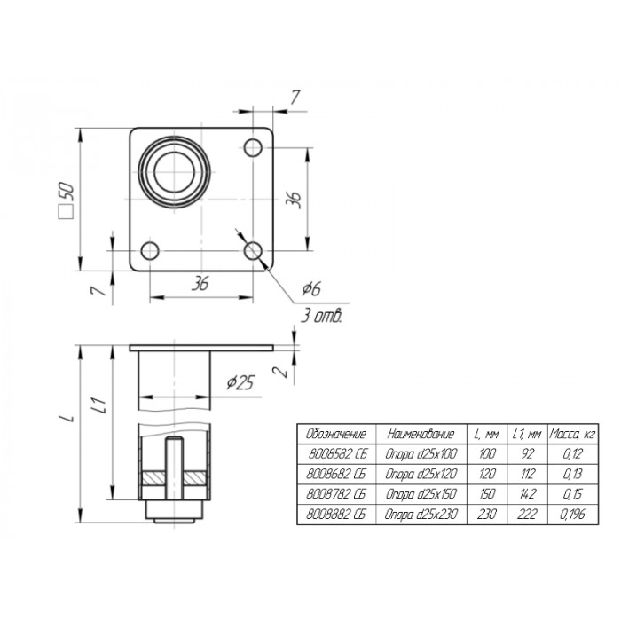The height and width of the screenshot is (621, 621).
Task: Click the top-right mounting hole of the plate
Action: pyautogui.click(x=253, y=148)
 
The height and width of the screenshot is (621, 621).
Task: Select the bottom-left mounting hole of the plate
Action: pyautogui.click(x=150, y=251)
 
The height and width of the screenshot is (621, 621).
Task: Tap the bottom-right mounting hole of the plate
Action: pyautogui.click(x=253, y=251)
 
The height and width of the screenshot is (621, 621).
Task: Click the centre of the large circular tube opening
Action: pyautogui.click(x=174, y=172)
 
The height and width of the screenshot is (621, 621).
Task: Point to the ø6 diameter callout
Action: pyautogui.click(x=311, y=288)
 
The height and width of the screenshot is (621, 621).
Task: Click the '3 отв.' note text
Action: pyautogui.click(x=321, y=316)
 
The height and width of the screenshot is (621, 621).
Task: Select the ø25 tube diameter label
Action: pyautogui.click(x=240, y=382)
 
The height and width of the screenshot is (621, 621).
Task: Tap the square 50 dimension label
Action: pyautogui.click(x=67, y=200)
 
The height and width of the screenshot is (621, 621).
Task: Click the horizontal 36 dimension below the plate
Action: pyautogui.click(x=200, y=283)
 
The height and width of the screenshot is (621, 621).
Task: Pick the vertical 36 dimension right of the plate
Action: pyautogui.click(x=294, y=200)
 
